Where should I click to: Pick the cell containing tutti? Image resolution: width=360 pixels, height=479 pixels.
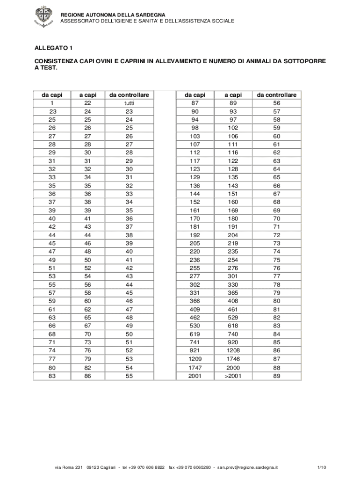[x=129, y=103]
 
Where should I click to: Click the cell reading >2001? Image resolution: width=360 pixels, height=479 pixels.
[x=232, y=376]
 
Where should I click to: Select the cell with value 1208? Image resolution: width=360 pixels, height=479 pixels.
[x=232, y=350]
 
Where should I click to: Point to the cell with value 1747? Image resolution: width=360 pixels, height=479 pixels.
[x=195, y=368]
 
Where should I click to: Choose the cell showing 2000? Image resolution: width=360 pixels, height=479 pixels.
[x=232, y=368]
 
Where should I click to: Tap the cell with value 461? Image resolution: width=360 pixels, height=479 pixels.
[x=232, y=309]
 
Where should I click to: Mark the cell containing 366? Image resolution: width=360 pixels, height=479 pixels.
[x=195, y=301]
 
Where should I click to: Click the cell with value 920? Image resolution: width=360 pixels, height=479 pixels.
[x=232, y=342]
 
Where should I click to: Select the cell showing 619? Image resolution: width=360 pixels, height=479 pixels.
[x=195, y=334]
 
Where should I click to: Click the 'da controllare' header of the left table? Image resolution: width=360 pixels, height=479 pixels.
[x=129, y=95]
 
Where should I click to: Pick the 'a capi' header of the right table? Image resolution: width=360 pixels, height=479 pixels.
[x=232, y=95]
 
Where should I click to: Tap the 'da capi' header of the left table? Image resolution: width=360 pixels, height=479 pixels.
[x=52, y=95]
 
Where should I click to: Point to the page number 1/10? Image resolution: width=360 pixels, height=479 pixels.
[x=321, y=467]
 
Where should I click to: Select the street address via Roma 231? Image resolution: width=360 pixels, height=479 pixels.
[x=69, y=467]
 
